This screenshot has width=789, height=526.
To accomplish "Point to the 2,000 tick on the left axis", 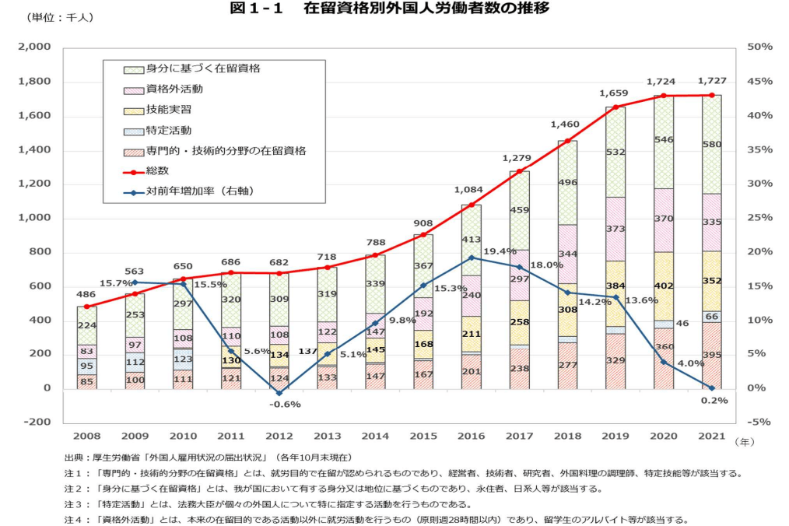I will [x=35, y=47].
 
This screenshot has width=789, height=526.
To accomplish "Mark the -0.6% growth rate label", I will [x=286, y=404].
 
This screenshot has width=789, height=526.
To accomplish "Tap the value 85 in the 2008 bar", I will [x=87, y=381].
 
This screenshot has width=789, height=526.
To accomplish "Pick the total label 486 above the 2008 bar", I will [x=86, y=296].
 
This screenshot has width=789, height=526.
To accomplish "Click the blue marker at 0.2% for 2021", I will [x=711, y=387].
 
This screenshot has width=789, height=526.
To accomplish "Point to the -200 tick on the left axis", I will [x=38, y=423].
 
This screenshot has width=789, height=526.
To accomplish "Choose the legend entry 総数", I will [x=159, y=170].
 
